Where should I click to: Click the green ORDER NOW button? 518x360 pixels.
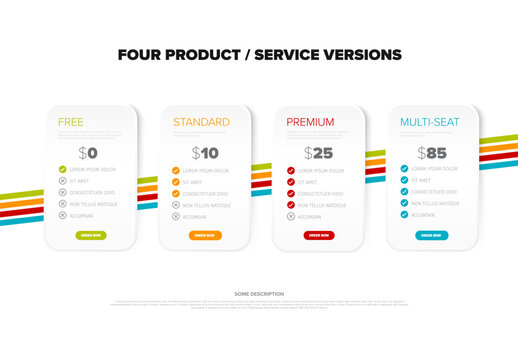pyautogui.click(x=91, y=235)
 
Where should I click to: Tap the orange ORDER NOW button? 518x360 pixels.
pyautogui.click(x=205, y=235)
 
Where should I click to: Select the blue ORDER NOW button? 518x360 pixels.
pyautogui.click(x=431, y=235)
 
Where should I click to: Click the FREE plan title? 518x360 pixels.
pyautogui.click(x=70, y=122)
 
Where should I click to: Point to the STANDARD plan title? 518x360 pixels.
pyautogui.click(x=201, y=122)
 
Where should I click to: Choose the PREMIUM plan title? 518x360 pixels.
pyautogui.click(x=310, y=122)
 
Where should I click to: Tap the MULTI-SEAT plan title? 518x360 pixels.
pyautogui.click(x=430, y=122)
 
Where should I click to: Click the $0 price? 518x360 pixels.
pyautogui.click(x=90, y=153)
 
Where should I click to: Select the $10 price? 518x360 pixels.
pyautogui.click(x=205, y=153)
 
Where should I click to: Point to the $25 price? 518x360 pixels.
pyautogui.click(x=319, y=153)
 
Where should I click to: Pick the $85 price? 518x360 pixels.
pyautogui.click(x=431, y=153)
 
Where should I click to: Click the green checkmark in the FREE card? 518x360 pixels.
pyautogui.click(x=63, y=170)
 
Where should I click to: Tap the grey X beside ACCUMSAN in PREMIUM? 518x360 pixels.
pyautogui.click(x=291, y=216)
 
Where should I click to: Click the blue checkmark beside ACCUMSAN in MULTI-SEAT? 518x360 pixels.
pyautogui.click(x=404, y=214)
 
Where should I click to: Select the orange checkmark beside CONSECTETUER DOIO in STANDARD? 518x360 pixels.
pyautogui.click(x=176, y=193)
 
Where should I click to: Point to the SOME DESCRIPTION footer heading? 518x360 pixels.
pyautogui.click(x=259, y=294)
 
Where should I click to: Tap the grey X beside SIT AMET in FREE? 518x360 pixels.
pyautogui.click(x=63, y=182)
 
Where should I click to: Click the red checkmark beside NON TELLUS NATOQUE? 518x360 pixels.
pyautogui.click(x=291, y=204)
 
